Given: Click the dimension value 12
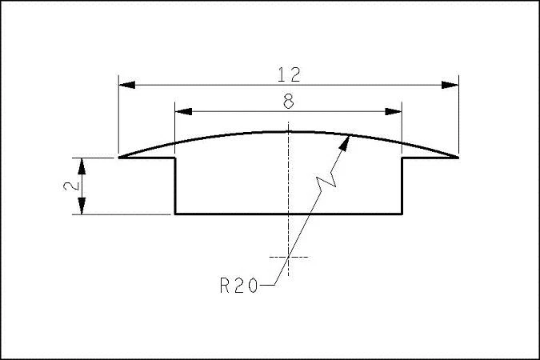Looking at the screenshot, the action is pos(289,74).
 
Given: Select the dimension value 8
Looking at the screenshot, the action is pos(289,102).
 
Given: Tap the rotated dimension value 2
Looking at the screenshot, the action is pos(72,186).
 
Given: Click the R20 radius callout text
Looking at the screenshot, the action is pos(238,286).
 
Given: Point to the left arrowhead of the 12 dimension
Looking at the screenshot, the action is pos(126,85).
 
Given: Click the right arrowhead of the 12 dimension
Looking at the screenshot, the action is pos(450,85).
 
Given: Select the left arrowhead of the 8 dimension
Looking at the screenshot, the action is pos(183,111).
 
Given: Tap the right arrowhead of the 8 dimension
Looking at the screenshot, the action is pos(394,111).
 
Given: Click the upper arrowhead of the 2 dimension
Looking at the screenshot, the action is pos(82,166).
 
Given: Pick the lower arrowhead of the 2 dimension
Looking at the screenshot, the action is pos(82,206).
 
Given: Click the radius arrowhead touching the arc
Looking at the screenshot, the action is pos(344,144).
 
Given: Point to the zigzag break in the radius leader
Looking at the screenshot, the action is pos(326,182).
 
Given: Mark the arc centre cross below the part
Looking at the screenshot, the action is pos(289,257).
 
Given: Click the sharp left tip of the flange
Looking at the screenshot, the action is pos(119,158).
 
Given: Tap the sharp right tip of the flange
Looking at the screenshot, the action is pos(458,158).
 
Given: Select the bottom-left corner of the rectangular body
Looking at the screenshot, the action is pos(175,214).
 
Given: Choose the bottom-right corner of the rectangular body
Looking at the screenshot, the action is pos(402,214).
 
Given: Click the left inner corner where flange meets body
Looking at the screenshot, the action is pos(175,158).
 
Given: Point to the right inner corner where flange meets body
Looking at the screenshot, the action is pos(402,158).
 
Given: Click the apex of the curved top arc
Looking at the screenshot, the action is pos(289,131).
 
